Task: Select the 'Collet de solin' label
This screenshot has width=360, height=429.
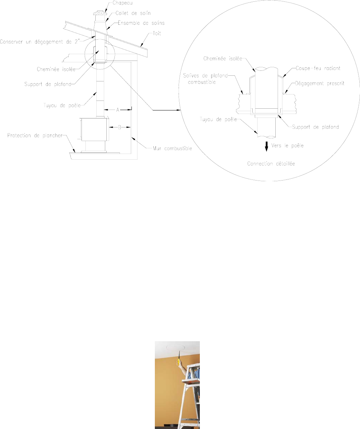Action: click(133, 13)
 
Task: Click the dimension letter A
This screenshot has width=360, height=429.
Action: click(118, 110)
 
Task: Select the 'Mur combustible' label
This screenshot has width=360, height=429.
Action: click(173, 148)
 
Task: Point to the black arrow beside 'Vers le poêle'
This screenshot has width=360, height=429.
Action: click(266, 146)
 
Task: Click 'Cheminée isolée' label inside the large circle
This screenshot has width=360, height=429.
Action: click(223, 59)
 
